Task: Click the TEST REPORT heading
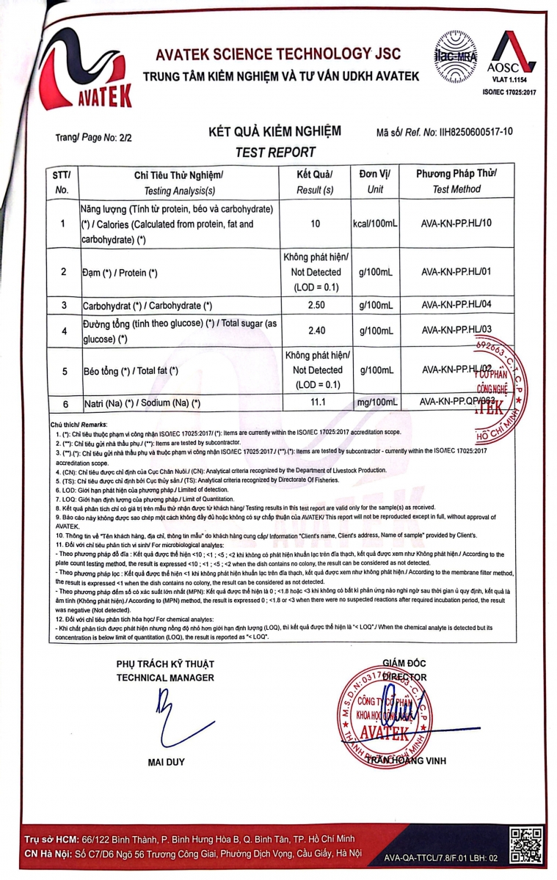pos(275,153)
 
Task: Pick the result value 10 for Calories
pos(316,224)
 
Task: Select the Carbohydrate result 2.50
pos(316,304)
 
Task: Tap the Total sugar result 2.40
pos(316,331)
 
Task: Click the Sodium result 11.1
pos(316,403)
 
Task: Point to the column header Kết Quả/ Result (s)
pos(316,182)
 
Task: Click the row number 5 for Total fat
pos(65,371)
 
